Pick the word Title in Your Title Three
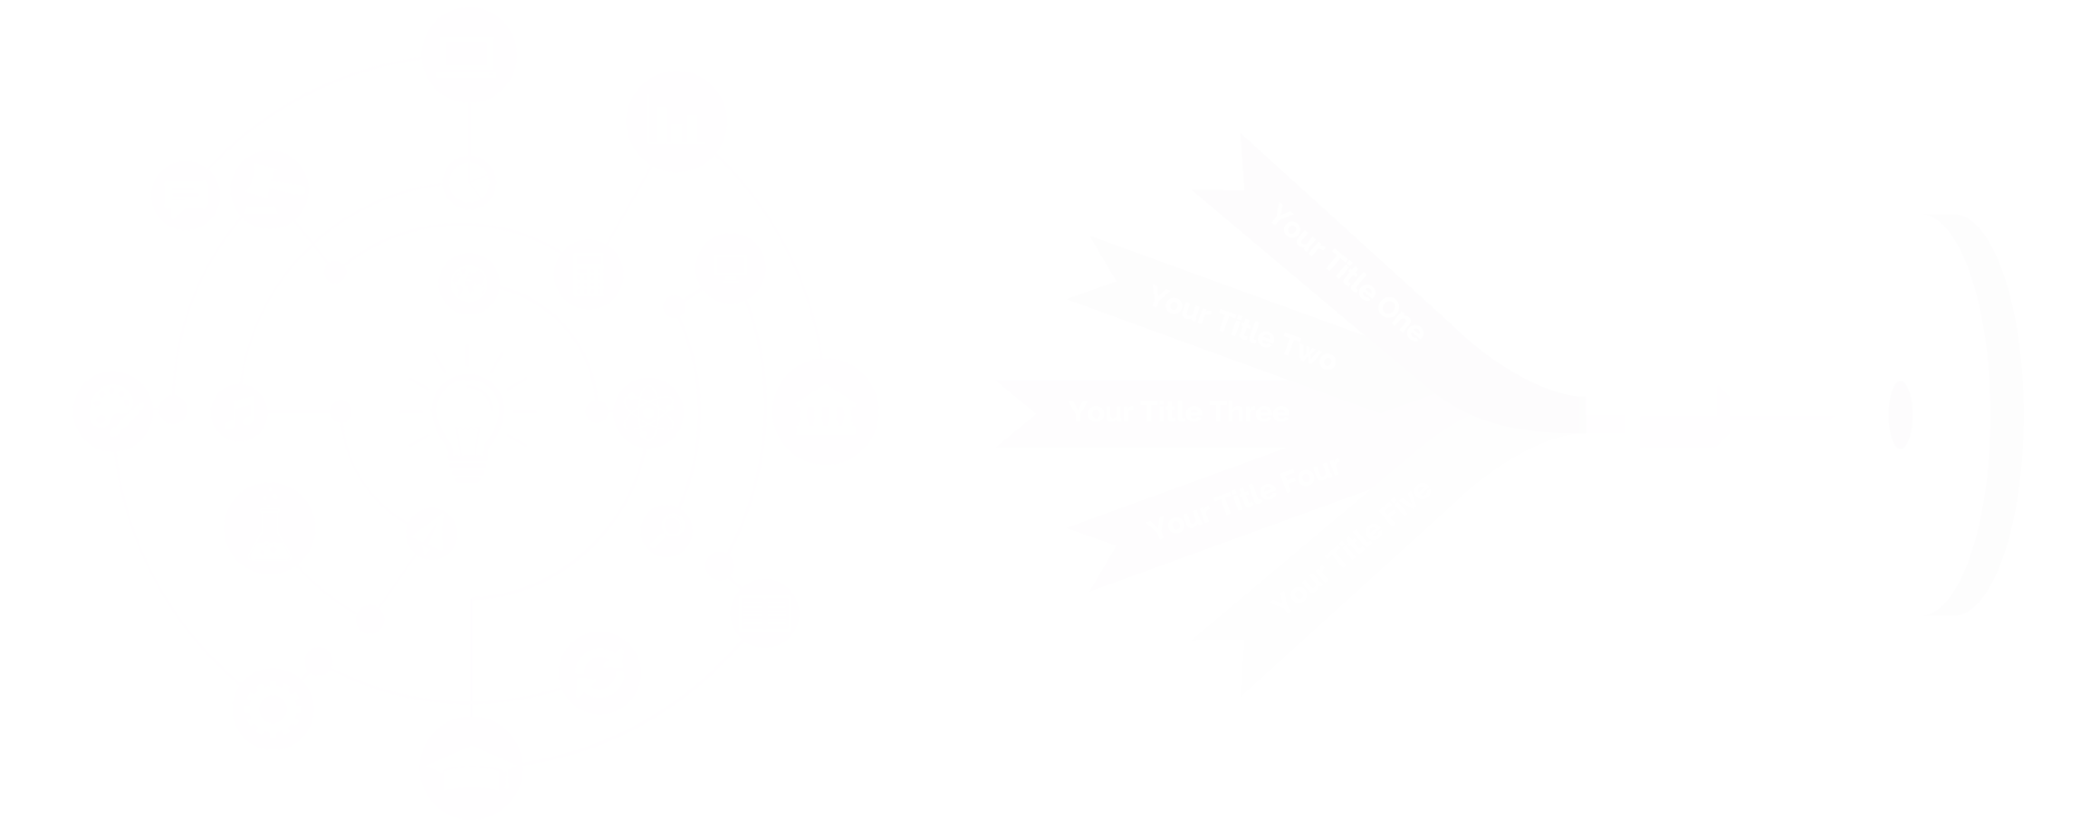click(1172, 412)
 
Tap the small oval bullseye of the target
click(1900, 415)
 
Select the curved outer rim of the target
click(2001, 415)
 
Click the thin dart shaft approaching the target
click(1775, 419)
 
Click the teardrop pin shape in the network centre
click(467, 426)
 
